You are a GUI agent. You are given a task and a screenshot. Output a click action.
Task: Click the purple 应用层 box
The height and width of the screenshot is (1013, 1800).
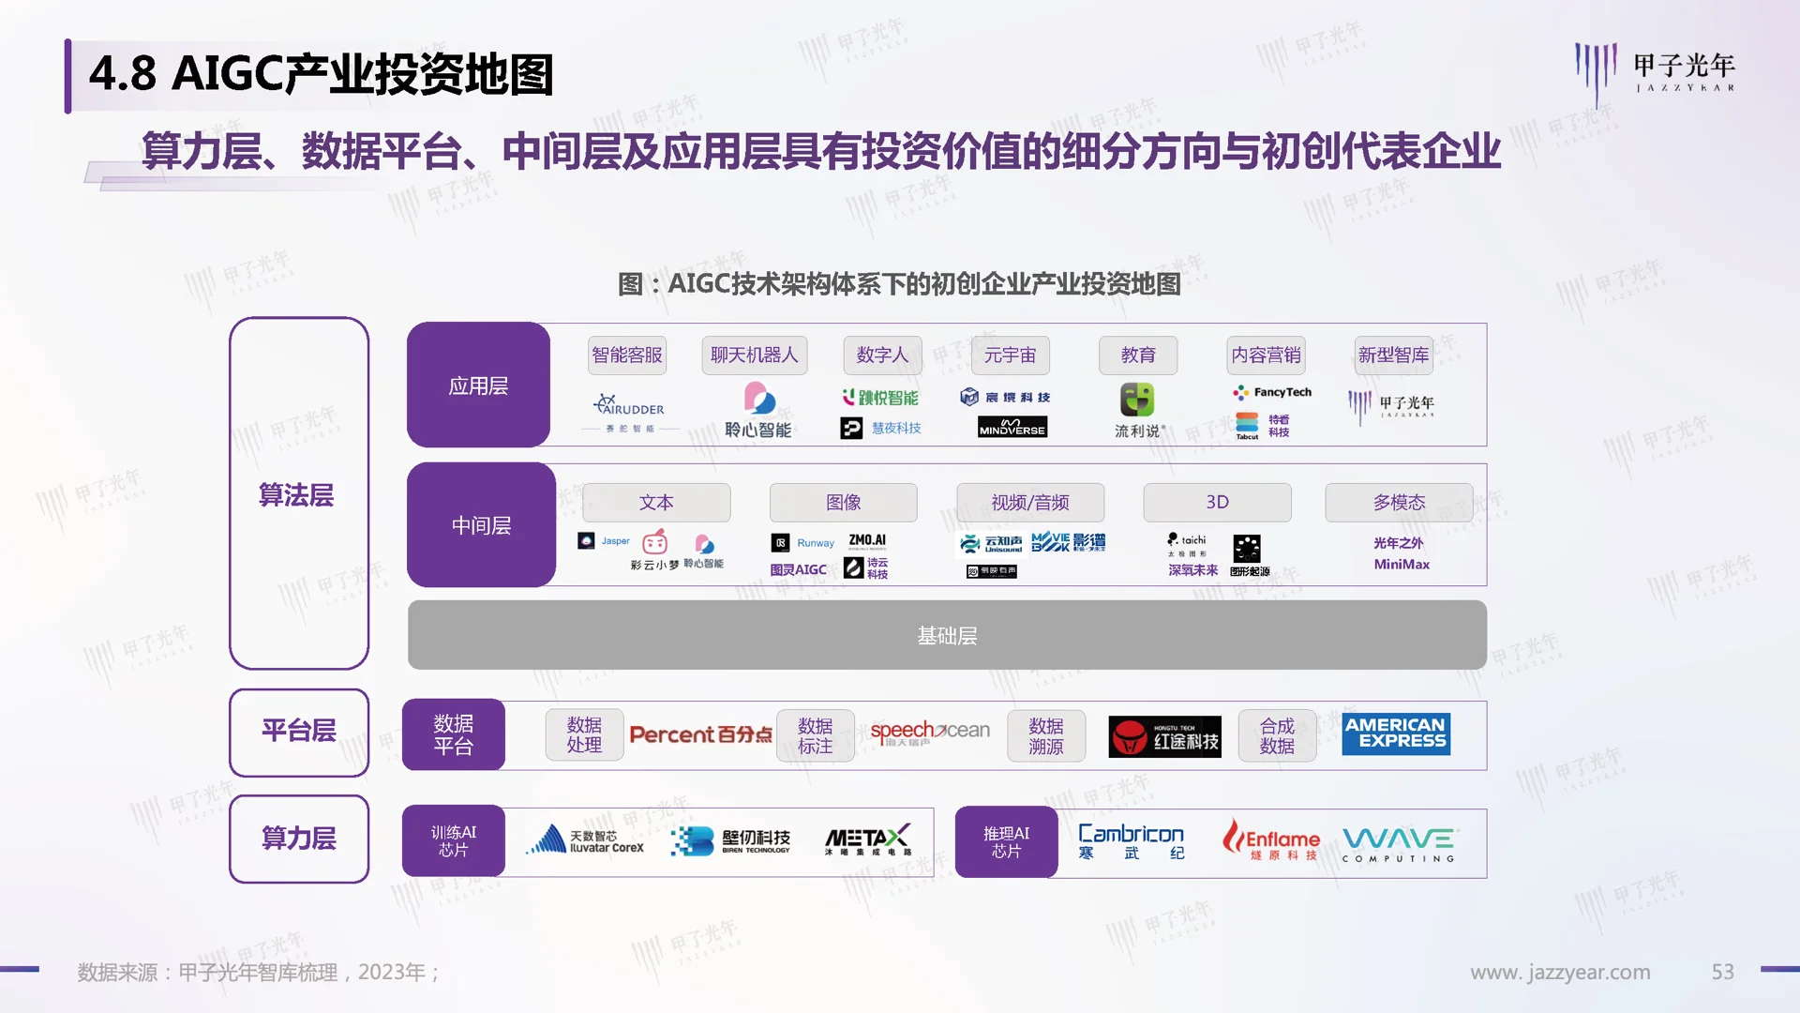click(x=478, y=386)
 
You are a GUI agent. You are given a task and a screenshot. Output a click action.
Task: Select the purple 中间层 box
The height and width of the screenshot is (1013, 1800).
click(x=481, y=525)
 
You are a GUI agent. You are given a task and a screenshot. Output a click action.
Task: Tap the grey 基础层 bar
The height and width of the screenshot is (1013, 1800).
click(x=947, y=636)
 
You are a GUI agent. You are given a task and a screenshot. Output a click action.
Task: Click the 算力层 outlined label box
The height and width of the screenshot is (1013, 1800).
click(x=299, y=839)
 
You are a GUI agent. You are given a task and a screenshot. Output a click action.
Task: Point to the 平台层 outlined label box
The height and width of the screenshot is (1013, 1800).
click(x=299, y=732)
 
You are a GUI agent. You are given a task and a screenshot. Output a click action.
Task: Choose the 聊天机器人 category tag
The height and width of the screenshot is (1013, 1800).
click(x=754, y=355)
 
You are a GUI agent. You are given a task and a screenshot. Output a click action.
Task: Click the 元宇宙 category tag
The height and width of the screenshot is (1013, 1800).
click(x=1010, y=355)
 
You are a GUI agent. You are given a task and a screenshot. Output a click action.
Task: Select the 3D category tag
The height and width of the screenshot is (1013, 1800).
click(x=1217, y=503)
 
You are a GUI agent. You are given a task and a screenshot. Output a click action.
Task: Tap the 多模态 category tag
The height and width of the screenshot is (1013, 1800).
click(x=1399, y=503)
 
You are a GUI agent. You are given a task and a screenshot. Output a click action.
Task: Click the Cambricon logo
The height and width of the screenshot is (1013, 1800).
click(x=1131, y=840)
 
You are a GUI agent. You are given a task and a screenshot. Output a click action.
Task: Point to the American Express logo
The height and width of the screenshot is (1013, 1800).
click(x=1395, y=733)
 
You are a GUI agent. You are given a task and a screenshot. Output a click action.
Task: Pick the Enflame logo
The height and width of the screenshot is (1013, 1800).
click(x=1272, y=839)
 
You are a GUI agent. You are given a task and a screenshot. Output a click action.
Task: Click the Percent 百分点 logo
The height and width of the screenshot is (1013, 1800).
click(x=700, y=734)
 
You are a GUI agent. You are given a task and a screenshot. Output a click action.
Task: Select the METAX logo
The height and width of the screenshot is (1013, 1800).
click(x=867, y=839)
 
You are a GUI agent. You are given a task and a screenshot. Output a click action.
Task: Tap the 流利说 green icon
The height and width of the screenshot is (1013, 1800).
click(x=1137, y=400)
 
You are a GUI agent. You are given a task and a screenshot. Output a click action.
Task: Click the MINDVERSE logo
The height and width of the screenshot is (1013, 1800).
click(x=1012, y=428)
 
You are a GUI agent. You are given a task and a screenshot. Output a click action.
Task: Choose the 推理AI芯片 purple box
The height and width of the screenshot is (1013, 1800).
click(x=1006, y=842)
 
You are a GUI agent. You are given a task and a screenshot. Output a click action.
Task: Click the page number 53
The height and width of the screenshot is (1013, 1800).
click(x=1722, y=972)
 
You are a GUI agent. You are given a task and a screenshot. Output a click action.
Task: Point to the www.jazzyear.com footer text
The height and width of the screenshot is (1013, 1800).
click(x=1560, y=973)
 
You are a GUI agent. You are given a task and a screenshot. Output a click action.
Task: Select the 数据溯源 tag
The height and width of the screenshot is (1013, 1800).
click(x=1046, y=736)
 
